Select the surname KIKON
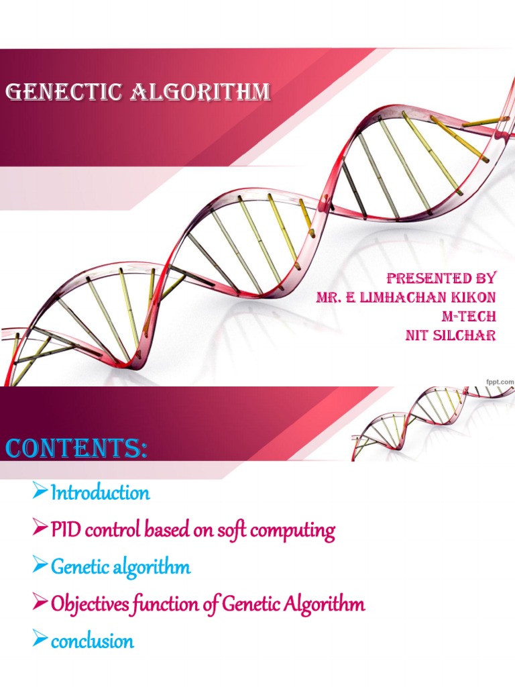(473, 297)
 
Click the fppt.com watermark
(499, 381)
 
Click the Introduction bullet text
(101, 494)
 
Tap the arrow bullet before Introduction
(41, 494)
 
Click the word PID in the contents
(63, 531)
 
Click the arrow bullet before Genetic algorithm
(41, 567)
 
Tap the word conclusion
(93, 641)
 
